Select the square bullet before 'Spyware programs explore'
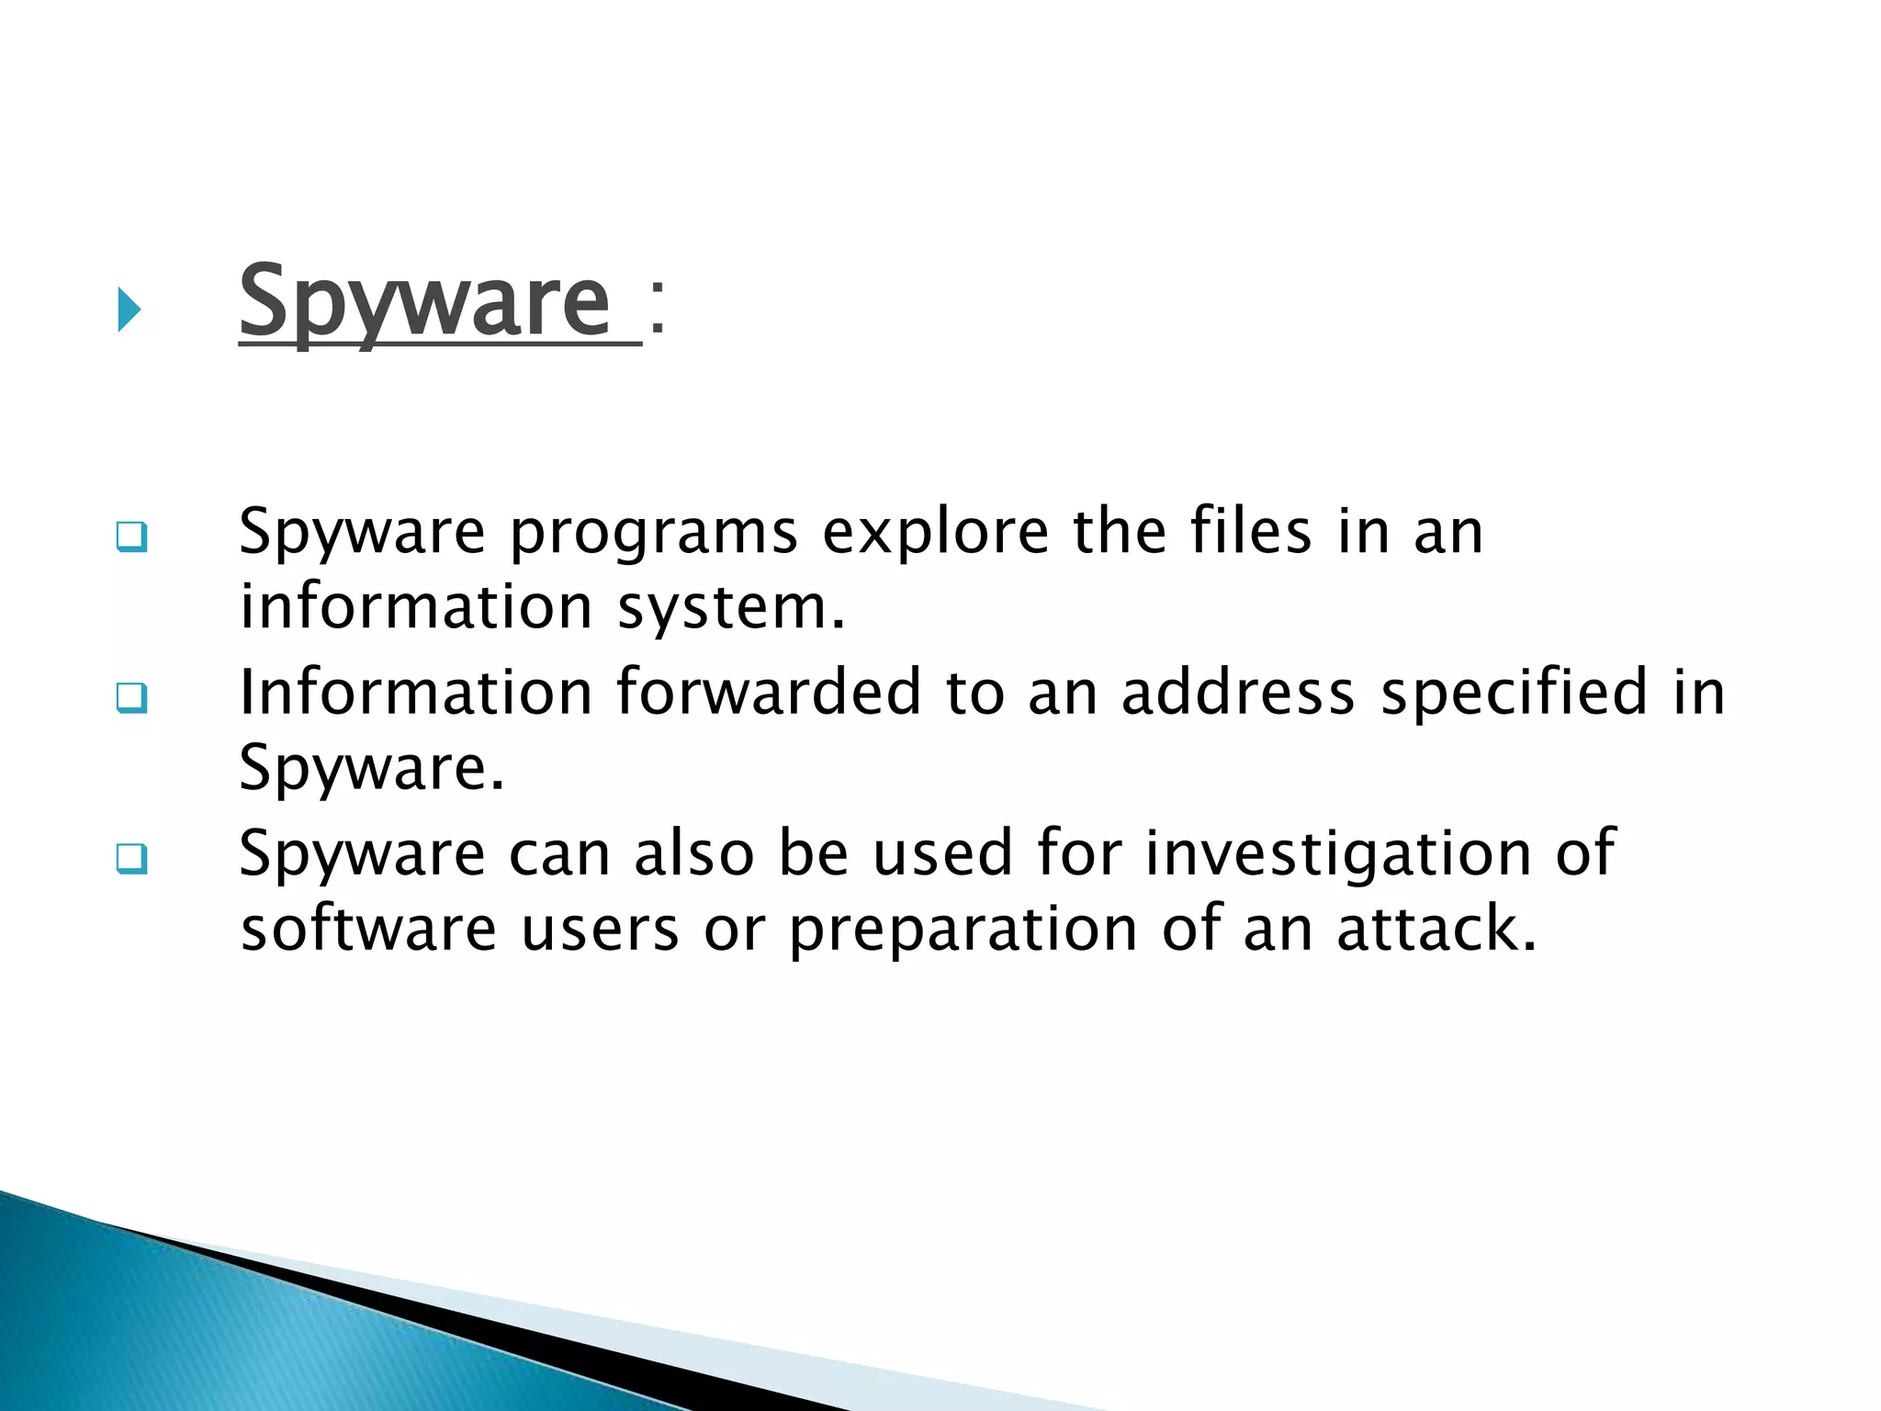point(131,537)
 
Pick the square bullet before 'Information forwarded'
point(131,698)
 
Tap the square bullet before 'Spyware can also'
point(131,859)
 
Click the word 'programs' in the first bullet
point(653,533)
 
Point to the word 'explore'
point(935,533)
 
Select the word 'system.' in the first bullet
point(731,608)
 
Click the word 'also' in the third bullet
point(694,852)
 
